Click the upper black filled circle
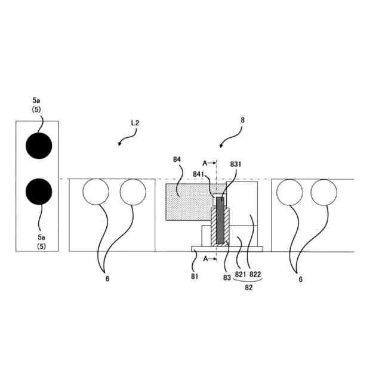[39, 146]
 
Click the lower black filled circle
[39, 191]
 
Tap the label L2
[135, 122]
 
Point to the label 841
[199, 174]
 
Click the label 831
[236, 164]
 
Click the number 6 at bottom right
[301, 278]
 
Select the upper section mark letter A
[205, 162]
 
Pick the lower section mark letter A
[205, 258]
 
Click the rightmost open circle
[324, 193]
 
